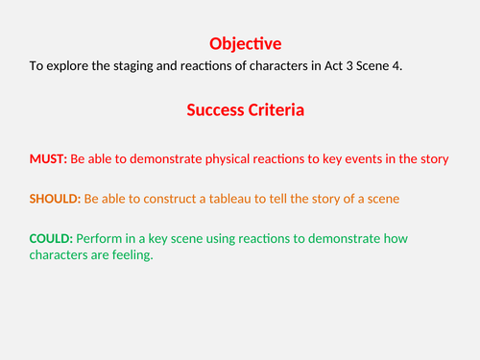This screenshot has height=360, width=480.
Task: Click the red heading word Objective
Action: tap(245, 43)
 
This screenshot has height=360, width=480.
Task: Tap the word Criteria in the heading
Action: tap(276, 110)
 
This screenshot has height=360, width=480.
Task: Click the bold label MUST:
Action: tap(47, 157)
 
